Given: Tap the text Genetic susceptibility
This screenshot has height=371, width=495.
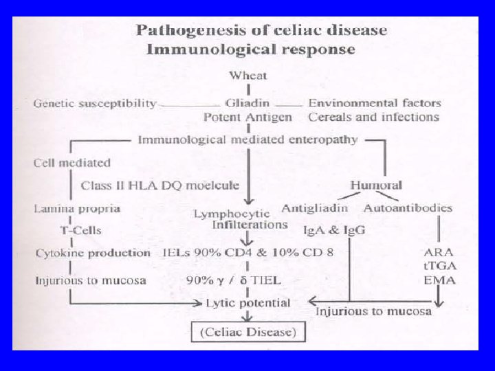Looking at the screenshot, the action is [x=95, y=104].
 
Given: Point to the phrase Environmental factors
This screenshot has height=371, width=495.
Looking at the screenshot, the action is [x=375, y=104].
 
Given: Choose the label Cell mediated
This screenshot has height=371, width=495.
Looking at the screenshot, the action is [x=71, y=163].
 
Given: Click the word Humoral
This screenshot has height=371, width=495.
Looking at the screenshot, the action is [x=376, y=185].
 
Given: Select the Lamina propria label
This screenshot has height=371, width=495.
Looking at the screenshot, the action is [x=77, y=207].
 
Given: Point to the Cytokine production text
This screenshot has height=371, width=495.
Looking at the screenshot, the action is [x=93, y=253].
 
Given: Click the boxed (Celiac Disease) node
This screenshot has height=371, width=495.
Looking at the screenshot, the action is [x=248, y=334].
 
